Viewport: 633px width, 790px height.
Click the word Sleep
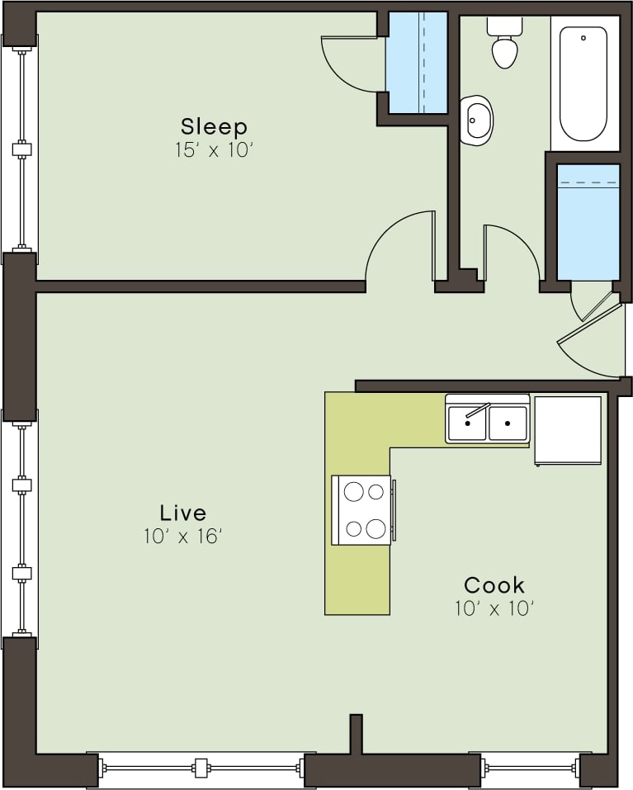pos(214,126)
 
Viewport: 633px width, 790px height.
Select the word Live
pos(183,512)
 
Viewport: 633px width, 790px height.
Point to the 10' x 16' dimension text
pos(183,537)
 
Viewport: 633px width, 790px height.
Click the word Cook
pos(494,585)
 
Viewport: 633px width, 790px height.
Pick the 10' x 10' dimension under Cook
pos(494,609)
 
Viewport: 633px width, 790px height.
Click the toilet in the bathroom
pos(504,45)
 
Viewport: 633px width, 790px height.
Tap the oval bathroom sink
pos(476,121)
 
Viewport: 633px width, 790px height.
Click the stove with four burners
pos(361,510)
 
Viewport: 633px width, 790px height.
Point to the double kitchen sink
pos(487,423)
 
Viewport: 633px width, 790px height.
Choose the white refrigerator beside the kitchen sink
pos(568,430)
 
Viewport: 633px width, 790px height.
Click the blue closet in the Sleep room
pos(418,63)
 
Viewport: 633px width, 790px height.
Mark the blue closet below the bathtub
pos(588,221)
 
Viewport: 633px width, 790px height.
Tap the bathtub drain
pos(583,38)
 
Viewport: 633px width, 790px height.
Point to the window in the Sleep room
pos(21,149)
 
